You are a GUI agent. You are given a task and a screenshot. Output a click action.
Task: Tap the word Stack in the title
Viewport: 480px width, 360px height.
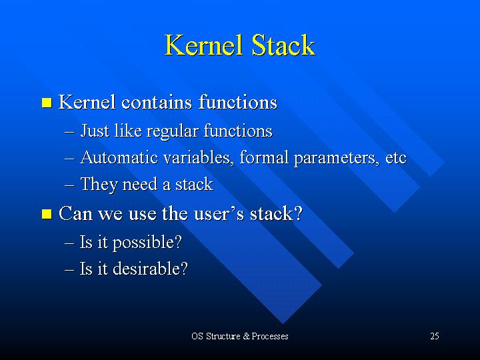[x=283, y=45]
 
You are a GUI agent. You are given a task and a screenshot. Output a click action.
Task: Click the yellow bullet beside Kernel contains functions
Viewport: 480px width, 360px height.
[x=47, y=103]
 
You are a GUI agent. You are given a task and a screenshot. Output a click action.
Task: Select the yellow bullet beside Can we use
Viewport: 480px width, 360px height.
[x=47, y=214]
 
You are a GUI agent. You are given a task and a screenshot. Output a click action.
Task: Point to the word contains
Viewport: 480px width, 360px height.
[x=157, y=102]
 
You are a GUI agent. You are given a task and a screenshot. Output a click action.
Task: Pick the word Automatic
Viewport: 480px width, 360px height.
[x=119, y=157]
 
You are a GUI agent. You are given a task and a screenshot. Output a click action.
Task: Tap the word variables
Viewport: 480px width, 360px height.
[x=199, y=157]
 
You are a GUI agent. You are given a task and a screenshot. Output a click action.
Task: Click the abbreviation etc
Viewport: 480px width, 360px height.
[x=396, y=159]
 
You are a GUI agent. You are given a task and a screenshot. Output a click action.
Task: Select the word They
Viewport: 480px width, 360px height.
[x=99, y=185]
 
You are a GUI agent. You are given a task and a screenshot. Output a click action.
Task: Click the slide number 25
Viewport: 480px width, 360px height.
[x=435, y=336]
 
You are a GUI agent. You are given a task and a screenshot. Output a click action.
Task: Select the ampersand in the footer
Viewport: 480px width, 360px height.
[x=247, y=336]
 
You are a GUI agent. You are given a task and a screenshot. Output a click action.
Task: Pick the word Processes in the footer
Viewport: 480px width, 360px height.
[x=270, y=336]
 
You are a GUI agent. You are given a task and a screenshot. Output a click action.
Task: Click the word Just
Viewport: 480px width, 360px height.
[x=95, y=131]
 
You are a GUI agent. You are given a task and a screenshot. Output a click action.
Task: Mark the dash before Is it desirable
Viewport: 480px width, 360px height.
[x=69, y=270]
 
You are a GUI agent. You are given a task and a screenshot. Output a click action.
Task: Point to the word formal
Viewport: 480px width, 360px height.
[x=264, y=157]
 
